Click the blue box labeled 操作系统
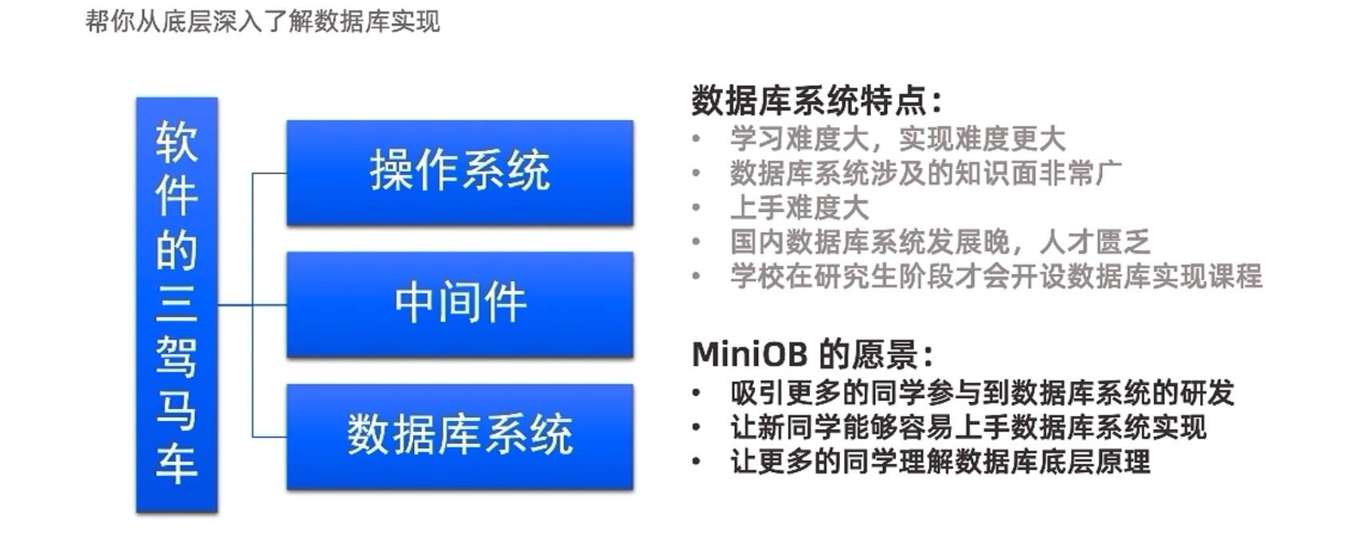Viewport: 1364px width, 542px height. click(459, 173)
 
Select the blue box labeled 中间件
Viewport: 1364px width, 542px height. click(459, 304)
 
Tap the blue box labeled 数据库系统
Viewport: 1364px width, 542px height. click(459, 436)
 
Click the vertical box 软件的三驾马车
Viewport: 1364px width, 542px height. click(177, 304)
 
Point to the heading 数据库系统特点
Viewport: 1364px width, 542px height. click(817, 100)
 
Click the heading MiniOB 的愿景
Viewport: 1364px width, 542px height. click(812, 353)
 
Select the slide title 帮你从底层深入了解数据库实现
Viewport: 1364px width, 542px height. click(263, 21)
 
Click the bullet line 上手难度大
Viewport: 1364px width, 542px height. click(799, 208)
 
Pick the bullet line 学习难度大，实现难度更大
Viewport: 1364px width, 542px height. click(898, 138)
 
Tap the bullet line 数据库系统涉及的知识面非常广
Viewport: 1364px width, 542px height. click(925, 174)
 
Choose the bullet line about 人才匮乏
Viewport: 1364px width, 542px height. click(940, 242)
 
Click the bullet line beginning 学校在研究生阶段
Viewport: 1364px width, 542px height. click(996, 276)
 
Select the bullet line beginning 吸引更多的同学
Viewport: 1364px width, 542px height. click(983, 392)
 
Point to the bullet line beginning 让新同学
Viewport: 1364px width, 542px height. click(968, 427)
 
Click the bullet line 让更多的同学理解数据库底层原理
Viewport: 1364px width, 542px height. click(940, 461)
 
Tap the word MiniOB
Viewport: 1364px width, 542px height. click(750, 354)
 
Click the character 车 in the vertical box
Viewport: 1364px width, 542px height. click(177, 463)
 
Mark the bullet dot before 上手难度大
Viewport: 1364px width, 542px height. click(697, 208)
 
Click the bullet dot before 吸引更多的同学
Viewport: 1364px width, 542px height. click(697, 393)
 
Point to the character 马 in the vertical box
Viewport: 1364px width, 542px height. click(177, 410)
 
